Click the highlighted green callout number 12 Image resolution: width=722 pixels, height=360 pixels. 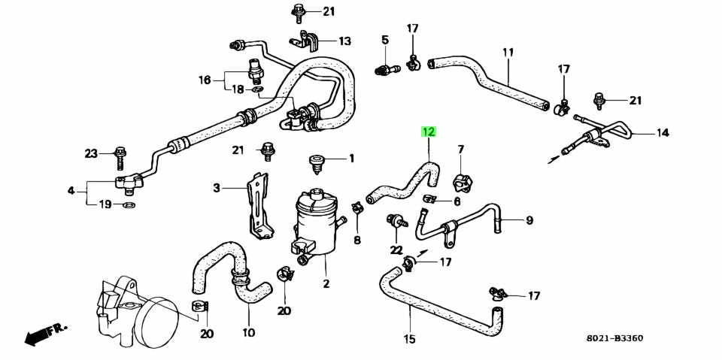point(428,132)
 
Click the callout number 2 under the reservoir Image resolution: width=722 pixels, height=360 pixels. point(326,284)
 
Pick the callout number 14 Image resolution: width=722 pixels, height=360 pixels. point(662,134)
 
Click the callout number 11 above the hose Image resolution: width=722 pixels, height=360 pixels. point(508,52)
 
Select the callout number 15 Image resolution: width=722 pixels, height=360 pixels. point(409,339)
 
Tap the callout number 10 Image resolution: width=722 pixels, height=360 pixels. point(248,332)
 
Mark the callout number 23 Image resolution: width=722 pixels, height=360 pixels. point(91,154)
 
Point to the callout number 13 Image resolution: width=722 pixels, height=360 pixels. point(344,41)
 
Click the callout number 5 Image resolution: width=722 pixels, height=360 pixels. point(384,39)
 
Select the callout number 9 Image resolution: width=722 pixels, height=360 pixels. point(529,220)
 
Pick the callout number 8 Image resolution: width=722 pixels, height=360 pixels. point(357,241)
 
